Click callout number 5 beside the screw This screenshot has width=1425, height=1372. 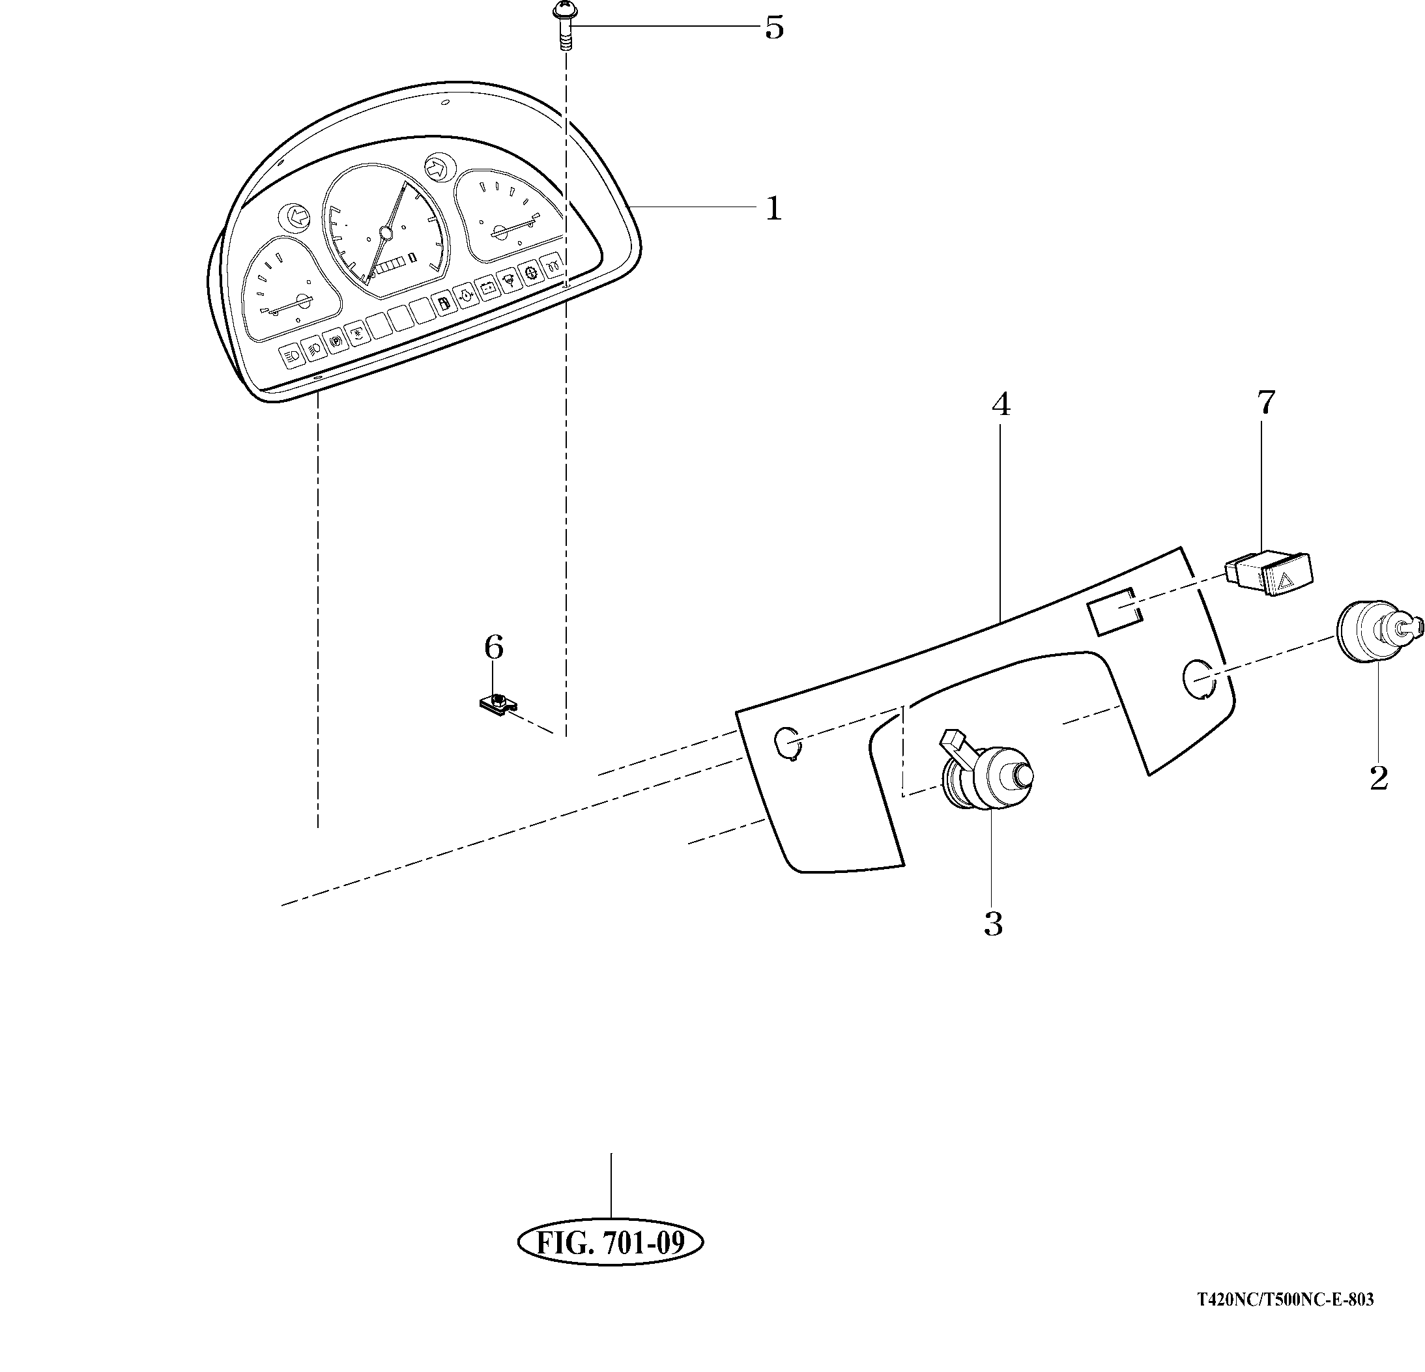coord(774,29)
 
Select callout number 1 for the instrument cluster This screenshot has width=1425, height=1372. coord(773,208)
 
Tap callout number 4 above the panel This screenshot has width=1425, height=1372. coord(1001,405)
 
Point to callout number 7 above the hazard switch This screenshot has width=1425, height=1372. coord(1266,402)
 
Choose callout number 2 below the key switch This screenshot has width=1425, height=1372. coord(1379,778)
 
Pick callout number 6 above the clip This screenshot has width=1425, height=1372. coord(494,646)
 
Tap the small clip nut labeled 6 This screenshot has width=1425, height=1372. coord(497,702)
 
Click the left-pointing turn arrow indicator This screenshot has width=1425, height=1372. coord(296,216)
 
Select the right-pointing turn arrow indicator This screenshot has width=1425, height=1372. coord(438,169)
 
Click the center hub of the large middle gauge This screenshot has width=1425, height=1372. coord(385,233)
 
